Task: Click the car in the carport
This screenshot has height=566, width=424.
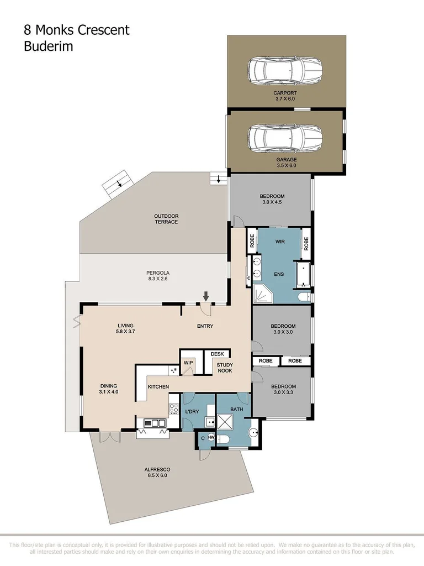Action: tap(285, 70)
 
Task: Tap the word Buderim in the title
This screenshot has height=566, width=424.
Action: tap(48, 46)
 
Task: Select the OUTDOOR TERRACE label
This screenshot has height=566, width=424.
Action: tap(166, 219)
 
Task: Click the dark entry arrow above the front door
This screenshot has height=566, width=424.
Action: tap(206, 296)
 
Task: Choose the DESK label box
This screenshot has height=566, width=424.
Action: tap(216, 354)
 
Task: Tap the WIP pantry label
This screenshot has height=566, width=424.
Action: tap(188, 363)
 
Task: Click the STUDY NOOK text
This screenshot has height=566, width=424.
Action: tap(224, 368)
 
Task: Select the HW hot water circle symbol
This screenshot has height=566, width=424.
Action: tap(211, 438)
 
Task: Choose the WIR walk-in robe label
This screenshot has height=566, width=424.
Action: tap(280, 242)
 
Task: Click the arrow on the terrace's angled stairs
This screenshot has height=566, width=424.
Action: tap(118, 184)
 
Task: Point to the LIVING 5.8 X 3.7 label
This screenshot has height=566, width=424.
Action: tap(125, 329)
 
